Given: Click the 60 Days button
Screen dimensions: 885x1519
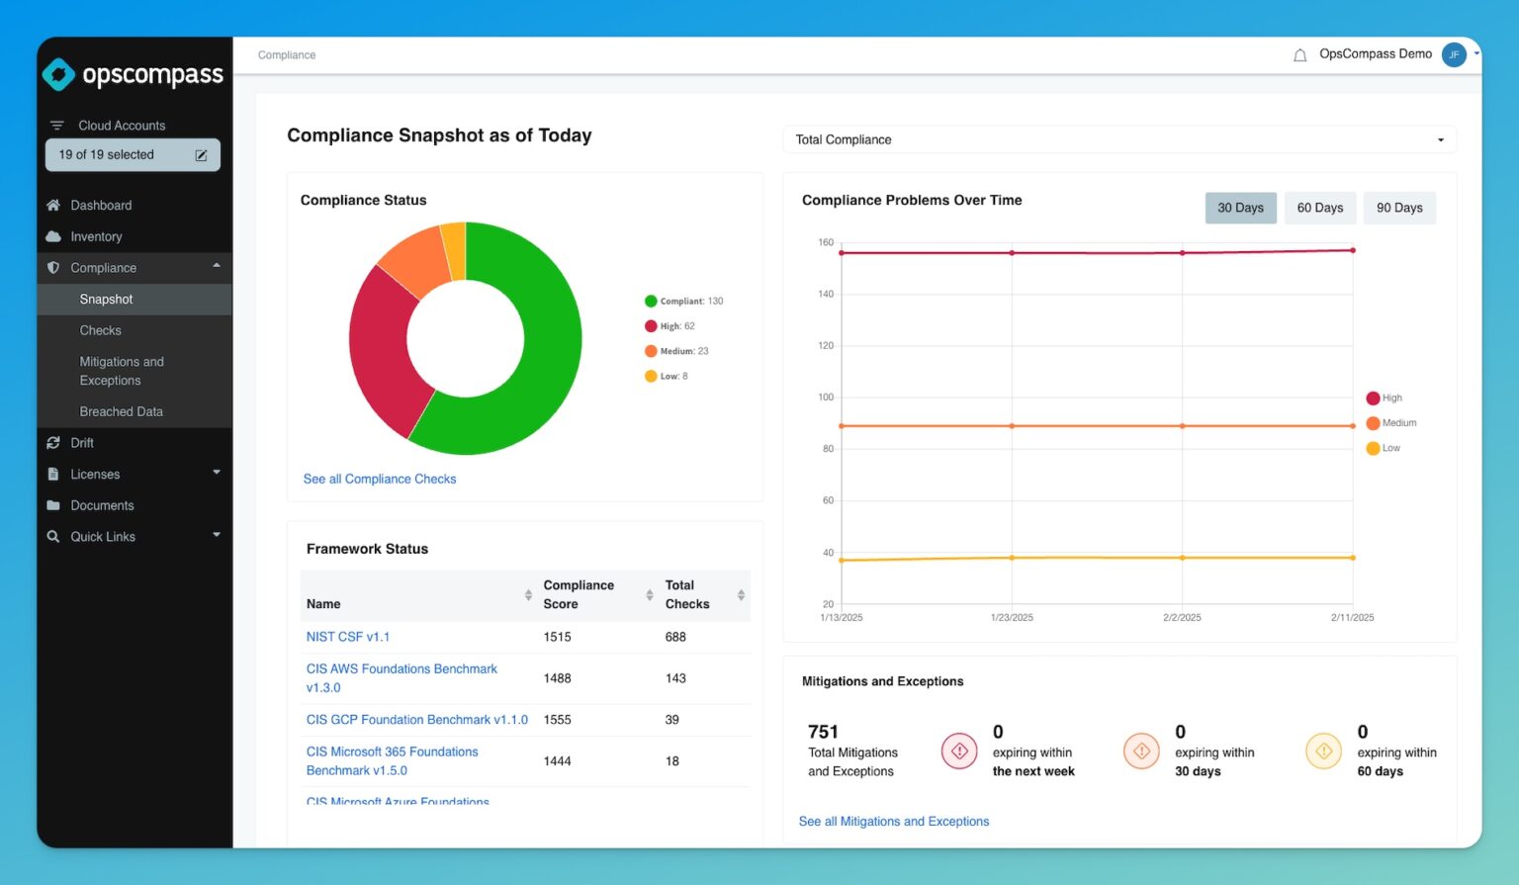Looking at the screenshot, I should pos(1319,208).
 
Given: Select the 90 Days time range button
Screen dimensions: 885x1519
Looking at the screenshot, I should pos(1398,208).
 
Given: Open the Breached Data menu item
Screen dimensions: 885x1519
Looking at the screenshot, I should pos(121,411).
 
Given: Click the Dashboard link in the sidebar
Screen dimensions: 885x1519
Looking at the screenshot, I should pos(101,206).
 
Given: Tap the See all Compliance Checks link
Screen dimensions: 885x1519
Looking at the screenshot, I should pos(379,479).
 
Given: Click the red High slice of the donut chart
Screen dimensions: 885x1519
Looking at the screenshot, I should pos(381,346).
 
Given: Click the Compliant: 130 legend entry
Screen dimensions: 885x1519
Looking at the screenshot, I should pos(683,302).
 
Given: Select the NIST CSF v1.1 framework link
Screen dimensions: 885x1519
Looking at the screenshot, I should pos(347,637).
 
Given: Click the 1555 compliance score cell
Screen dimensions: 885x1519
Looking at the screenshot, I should pos(557,720).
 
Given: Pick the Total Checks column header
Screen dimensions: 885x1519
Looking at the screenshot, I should pos(687,594).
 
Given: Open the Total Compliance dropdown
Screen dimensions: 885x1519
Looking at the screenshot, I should pos(1118,139).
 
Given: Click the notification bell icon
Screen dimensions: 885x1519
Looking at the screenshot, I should pos(1299,55).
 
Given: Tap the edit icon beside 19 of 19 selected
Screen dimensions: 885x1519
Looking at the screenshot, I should pos(201,155).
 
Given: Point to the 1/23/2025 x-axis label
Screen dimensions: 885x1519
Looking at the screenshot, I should pos(1011,618).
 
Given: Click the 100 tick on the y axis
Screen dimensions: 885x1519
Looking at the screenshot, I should pos(826,398).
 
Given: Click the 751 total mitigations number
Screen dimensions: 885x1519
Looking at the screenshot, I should pos(823,732).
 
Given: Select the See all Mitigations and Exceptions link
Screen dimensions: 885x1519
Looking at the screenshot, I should pos(893,822).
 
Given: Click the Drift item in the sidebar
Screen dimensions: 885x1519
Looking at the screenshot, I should pos(82,443).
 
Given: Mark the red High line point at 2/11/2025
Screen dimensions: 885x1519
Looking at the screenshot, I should pos(1352,250).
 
